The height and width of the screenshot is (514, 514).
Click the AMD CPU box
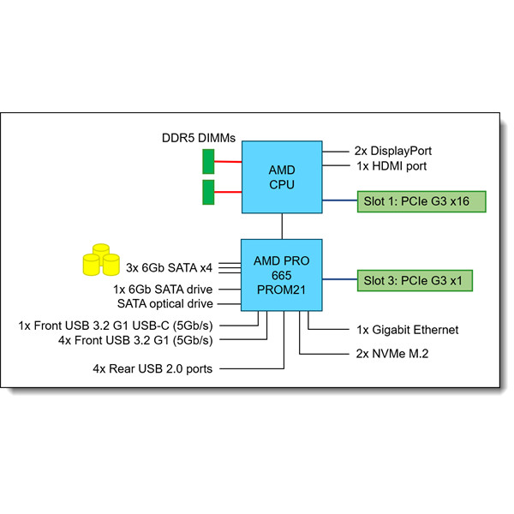282,178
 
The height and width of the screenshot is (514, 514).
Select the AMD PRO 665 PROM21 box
282,275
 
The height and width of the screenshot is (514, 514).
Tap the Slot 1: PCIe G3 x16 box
421,201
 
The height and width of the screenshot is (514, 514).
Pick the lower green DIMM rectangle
208,192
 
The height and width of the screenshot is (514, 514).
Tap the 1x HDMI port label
390,166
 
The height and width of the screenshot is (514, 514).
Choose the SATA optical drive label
164,304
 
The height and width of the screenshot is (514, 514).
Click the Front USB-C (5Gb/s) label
116,326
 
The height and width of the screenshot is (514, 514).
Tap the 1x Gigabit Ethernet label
407,330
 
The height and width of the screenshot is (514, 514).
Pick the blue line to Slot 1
339,201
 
